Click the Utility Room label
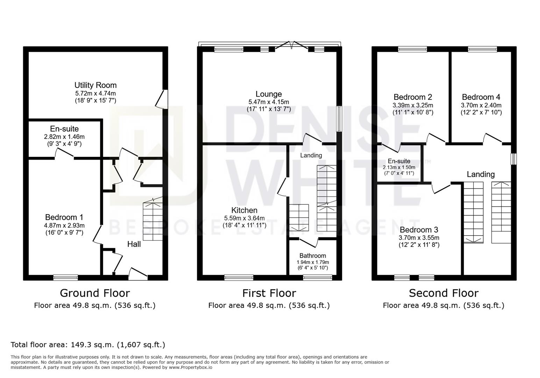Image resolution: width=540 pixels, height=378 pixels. [95, 85]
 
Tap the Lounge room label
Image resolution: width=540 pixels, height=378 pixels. [269, 94]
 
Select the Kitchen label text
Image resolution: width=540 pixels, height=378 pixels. [244, 210]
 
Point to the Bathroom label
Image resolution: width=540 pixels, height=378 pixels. [313, 255]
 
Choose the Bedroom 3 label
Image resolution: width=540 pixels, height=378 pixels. [419, 230]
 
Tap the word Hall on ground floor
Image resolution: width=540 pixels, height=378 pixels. [134, 244]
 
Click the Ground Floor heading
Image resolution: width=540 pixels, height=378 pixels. [95, 293]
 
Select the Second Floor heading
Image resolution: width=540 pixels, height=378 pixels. [443, 293]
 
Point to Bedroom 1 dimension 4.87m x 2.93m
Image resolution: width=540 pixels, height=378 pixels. [64, 225]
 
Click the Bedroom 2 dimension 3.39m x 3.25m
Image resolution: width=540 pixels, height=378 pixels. [413, 105]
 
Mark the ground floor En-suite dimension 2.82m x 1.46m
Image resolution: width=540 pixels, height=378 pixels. [64, 136]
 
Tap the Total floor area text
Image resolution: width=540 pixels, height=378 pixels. [88, 344]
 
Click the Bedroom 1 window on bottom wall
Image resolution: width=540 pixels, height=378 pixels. [66, 278]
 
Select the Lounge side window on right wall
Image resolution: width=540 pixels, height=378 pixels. [339, 119]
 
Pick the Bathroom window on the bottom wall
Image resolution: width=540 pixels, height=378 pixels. [318, 278]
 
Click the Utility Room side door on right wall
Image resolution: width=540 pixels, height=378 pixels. [163, 99]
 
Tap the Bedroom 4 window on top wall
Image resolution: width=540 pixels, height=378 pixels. [482, 49]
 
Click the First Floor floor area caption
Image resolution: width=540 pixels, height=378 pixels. [269, 305]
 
